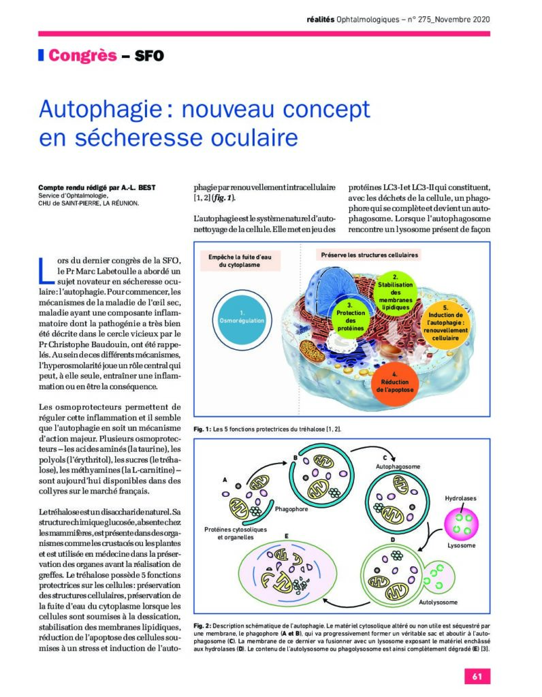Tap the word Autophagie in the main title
(98, 110)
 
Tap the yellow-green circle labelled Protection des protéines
(350, 317)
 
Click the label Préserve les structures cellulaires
(368, 255)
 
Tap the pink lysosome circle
(462, 525)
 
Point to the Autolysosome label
(439, 602)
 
